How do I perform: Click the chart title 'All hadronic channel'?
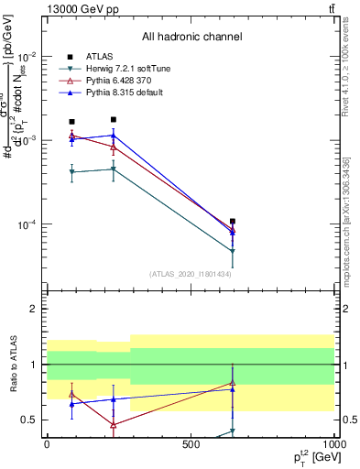coord(191,38)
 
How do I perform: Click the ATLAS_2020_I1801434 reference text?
coord(191,274)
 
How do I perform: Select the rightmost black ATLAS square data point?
coord(233,222)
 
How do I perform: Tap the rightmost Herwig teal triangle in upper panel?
coord(233,251)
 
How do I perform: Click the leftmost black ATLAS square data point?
coord(71,122)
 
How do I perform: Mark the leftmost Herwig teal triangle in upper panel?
coord(71,172)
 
